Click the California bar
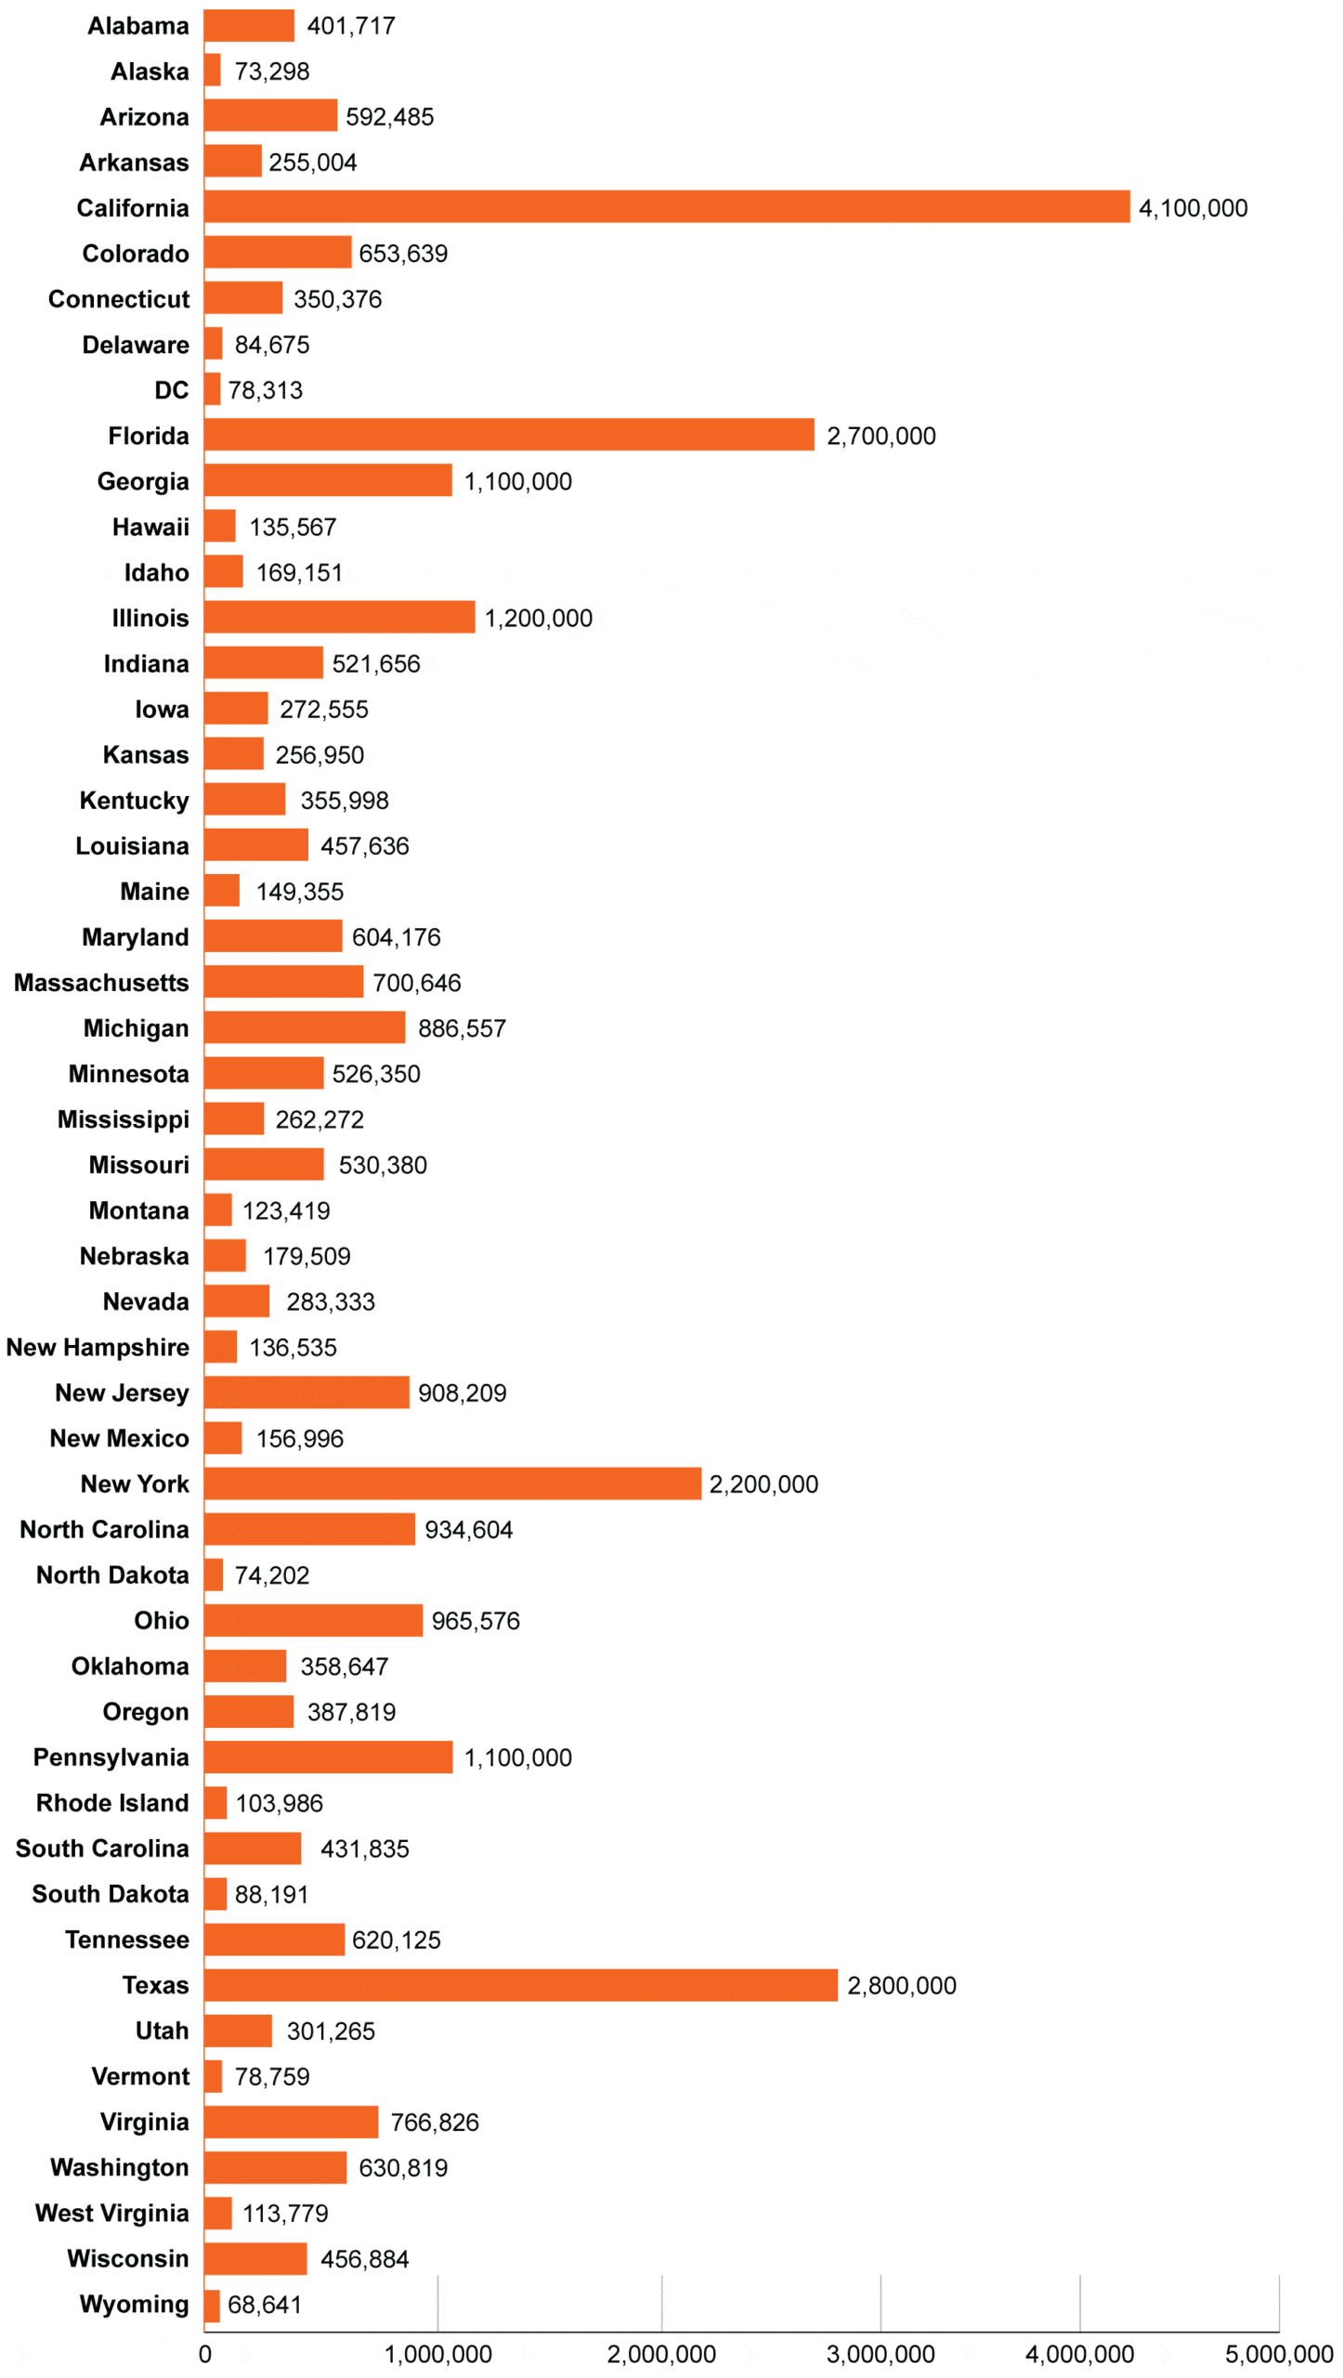(666, 206)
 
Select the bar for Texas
(520, 1984)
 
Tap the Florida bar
(509, 434)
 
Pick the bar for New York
(452, 1483)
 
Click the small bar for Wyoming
(212, 2304)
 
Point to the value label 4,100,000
(1193, 208)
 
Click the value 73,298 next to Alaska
(271, 72)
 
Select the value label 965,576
(475, 1620)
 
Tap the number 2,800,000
(901, 1985)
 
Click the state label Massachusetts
(101, 982)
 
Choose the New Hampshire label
(98, 1346)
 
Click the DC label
(171, 390)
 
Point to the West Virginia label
(111, 2213)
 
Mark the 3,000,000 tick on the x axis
(880, 2354)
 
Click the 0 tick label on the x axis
(204, 2354)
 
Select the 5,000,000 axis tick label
(1278, 2354)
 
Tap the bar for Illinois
(339, 617)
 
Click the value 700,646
(416, 982)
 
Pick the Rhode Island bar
(215, 1802)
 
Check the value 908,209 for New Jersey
(462, 1392)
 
